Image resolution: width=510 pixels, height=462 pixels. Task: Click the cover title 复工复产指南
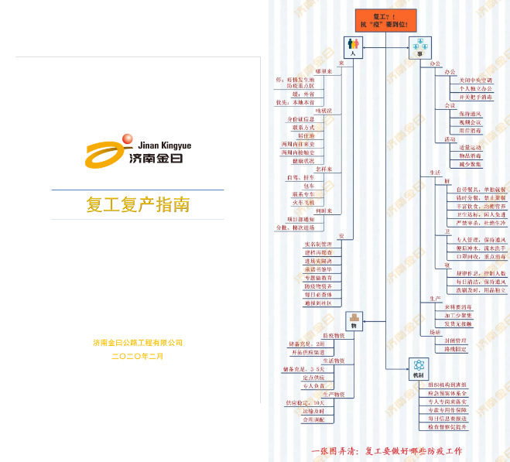coord(138,206)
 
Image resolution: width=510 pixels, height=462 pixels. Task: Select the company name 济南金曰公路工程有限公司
coord(138,343)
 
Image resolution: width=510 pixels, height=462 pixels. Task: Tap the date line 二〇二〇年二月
coord(138,356)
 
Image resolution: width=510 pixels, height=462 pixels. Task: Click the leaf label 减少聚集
coord(471,164)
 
